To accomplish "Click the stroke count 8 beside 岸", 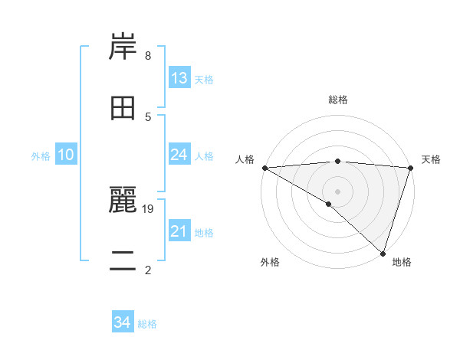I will click(x=147, y=56).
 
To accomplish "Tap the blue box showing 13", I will click(x=179, y=78).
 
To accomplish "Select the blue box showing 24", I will click(x=179, y=155).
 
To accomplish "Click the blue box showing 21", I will click(x=179, y=231).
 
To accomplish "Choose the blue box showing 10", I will click(x=65, y=155).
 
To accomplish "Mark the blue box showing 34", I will click(x=122, y=322).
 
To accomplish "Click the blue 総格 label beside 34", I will click(x=147, y=324).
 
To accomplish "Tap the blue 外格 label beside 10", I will click(x=41, y=156).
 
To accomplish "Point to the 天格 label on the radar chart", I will click(x=431, y=159).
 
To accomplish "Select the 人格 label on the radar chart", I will click(x=245, y=159).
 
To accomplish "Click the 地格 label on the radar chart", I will click(x=402, y=262).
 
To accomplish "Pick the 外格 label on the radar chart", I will click(x=270, y=262).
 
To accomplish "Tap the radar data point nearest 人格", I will click(x=264, y=168).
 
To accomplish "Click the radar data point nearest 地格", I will click(x=383, y=253).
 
